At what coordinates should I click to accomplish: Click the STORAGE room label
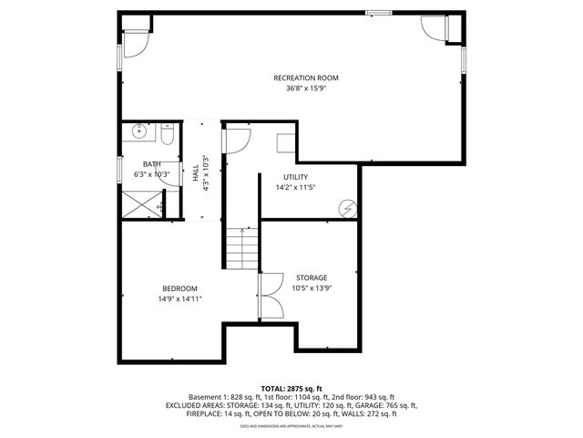coord(311,277)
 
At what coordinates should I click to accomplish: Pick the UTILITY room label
coord(296,177)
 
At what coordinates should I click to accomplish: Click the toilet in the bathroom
coord(168,137)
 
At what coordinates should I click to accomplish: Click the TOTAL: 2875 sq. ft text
coord(291,388)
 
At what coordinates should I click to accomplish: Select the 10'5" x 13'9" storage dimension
coord(311,288)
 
